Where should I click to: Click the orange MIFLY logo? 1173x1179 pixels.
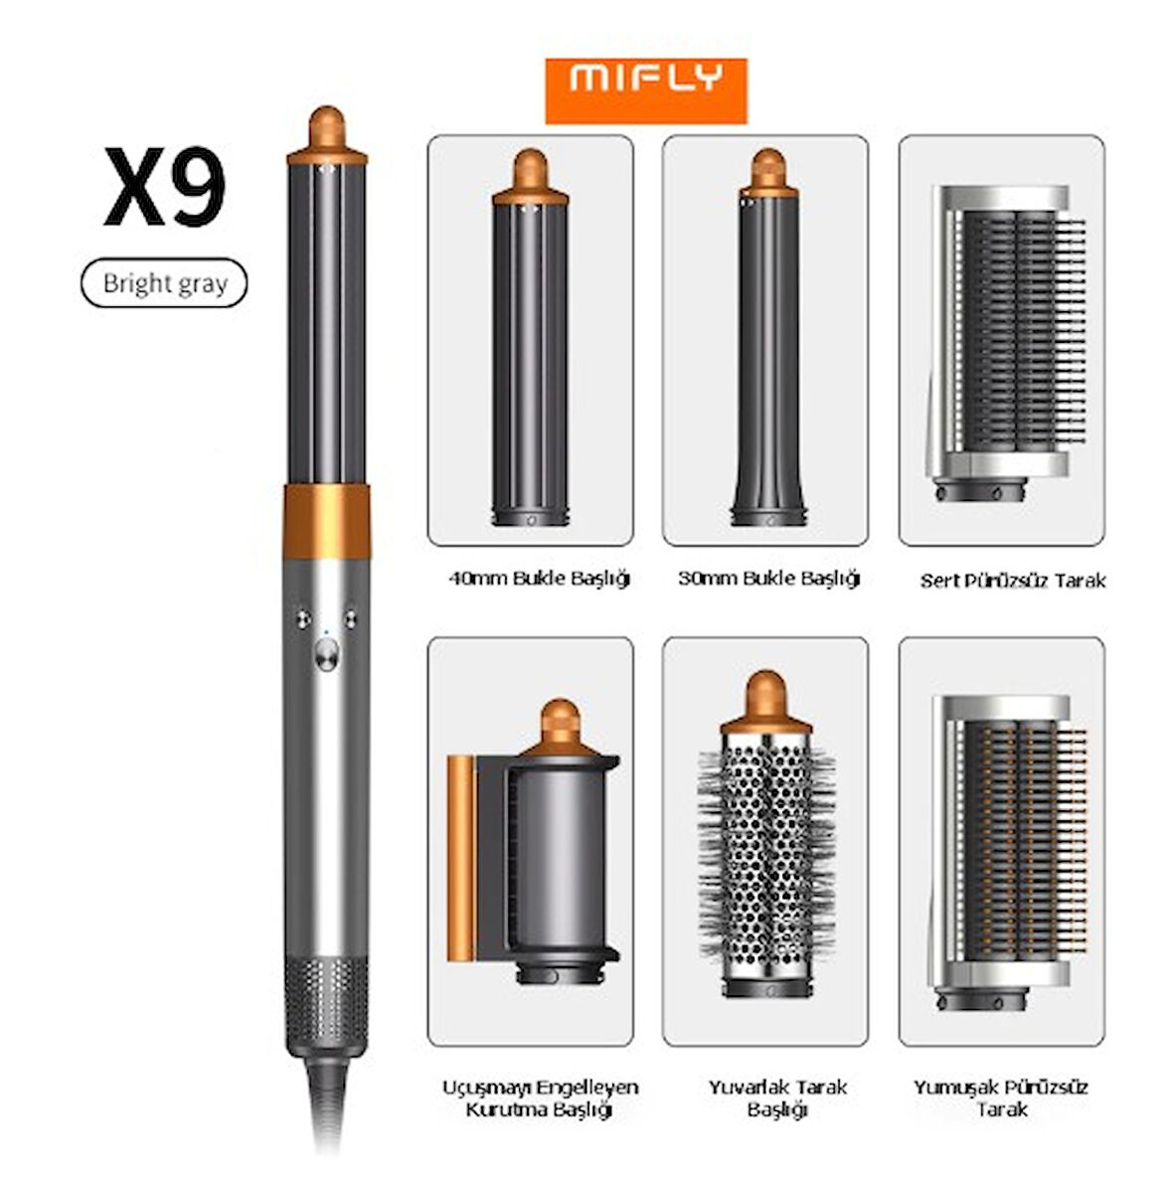point(646,91)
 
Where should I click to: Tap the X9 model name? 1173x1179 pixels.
point(165,187)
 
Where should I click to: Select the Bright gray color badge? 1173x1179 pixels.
point(164,283)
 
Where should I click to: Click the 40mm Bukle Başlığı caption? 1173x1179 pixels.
point(539,579)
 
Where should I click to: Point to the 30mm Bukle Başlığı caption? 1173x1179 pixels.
point(768,579)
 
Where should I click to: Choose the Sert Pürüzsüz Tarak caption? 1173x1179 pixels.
point(1013,581)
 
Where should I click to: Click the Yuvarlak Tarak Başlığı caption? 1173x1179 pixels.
point(777,1097)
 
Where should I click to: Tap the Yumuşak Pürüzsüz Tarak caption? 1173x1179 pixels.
point(1001,1097)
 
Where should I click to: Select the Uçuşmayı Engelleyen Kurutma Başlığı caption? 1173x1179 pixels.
point(540,1097)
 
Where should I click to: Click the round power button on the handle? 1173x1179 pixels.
point(326,653)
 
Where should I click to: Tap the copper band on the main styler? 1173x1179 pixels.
point(326,522)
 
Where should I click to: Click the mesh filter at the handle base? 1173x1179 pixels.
point(326,1005)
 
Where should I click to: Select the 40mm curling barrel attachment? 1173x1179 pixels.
point(530,338)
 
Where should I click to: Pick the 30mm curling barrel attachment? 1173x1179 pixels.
point(768,338)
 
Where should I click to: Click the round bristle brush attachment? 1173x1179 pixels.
point(766,835)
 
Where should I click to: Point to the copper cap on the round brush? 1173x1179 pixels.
point(765,703)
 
